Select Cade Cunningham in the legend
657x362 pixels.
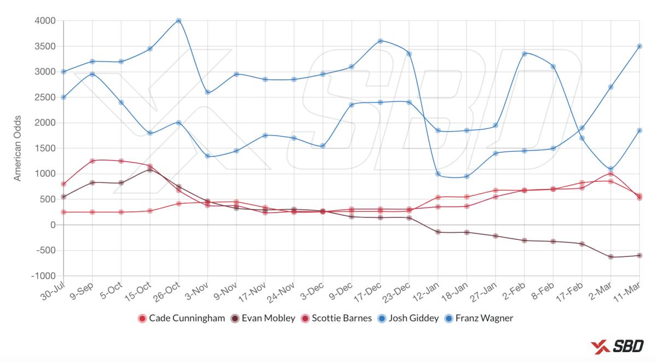(186, 318)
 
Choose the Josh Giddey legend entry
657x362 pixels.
(413, 318)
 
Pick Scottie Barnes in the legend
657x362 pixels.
(341, 318)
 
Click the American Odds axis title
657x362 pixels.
(18, 148)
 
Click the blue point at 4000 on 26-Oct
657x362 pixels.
(178, 21)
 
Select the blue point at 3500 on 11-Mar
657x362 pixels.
(639, 46)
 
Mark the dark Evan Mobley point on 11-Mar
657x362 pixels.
(639, 255)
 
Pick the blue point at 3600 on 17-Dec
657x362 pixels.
(380, 41)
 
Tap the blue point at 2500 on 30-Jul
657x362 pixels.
(64, 97)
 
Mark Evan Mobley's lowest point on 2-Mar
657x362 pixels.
(610, 257)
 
